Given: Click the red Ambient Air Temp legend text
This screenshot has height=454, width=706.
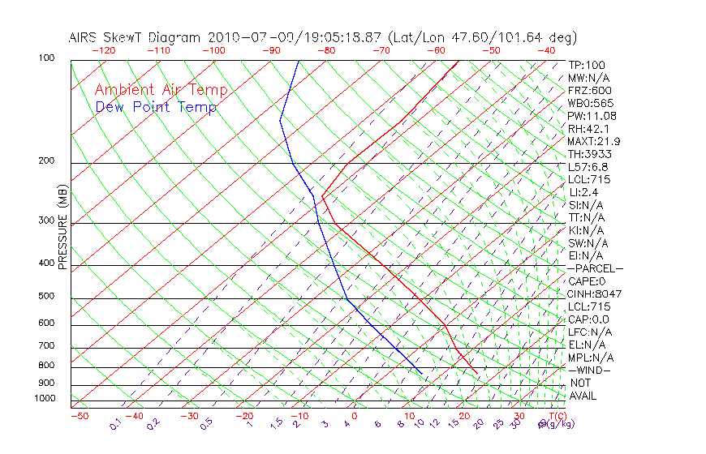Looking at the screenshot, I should (x=161, y=90).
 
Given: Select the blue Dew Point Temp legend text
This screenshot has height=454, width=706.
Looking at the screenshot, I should (x=156, y=107).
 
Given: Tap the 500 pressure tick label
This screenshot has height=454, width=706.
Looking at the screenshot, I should (x=47, y=297).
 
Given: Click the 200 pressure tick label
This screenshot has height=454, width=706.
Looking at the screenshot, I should (x=47, y=161).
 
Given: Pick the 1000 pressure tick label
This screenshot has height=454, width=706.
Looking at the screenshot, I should (x=45, y=399).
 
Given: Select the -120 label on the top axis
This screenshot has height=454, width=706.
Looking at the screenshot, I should (x=103, y=50).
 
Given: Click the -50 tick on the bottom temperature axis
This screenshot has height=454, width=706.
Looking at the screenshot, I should (x=79, y=416).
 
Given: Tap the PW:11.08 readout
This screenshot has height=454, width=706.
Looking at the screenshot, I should (x=592, y=116).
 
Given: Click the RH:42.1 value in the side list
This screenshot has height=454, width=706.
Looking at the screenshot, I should (x=589, y=129).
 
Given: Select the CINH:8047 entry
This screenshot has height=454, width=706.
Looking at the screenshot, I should (x=595, y=293).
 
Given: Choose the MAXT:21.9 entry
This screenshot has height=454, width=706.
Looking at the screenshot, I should (x=595, y=141).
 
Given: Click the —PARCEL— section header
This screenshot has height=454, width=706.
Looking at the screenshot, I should (x=596, y=268).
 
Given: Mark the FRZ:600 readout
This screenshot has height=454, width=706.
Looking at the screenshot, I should (x=590, y=91).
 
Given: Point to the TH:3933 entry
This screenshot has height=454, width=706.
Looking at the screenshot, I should (x=590, y=154).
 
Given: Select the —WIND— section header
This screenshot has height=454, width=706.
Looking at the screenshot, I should (x=590, y=370).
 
